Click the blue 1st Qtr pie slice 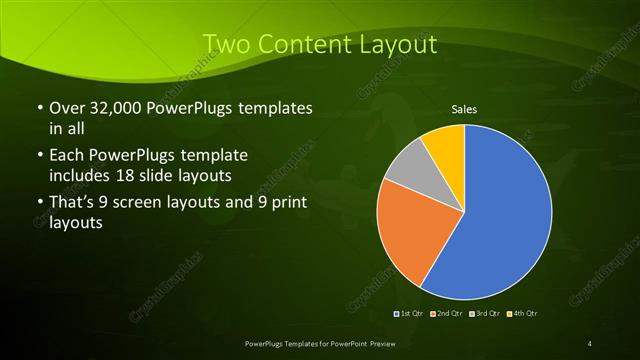click(x=505, y=220)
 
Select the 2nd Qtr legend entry click(x=447, y=313)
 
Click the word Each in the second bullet click(x=67, y=156)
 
